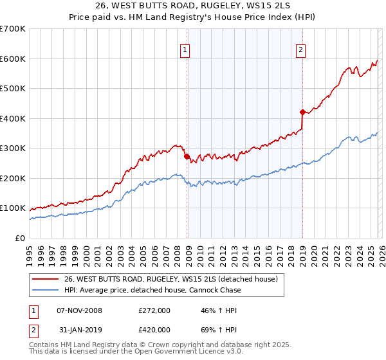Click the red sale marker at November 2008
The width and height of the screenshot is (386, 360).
pos(187,156)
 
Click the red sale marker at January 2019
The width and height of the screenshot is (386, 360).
pos(302,112)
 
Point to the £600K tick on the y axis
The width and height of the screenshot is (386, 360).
pos(12,59)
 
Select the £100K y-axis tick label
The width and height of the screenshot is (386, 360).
pos(12,208)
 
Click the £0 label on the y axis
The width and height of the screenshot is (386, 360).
pos(19,239)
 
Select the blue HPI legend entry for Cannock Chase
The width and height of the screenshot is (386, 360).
pos(152,290)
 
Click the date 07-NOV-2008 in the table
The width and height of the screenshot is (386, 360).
pos(80,310)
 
